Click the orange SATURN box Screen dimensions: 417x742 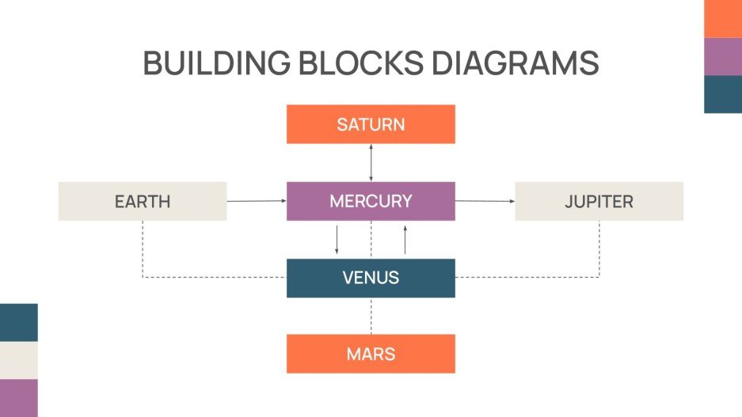(x=371, y=124)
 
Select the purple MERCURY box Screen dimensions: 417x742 (x=371, y=201)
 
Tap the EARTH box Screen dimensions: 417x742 (x=143, y=201)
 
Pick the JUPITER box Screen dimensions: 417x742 (x=599, y=201)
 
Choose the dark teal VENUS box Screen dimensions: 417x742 (x=371, y=278)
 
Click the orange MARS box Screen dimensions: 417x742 (x=371, y=354)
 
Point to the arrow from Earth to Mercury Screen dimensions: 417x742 (x=257, y=201)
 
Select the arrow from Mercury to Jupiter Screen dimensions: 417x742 (x=485, y=201)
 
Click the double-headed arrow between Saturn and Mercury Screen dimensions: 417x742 (x=371, y=163)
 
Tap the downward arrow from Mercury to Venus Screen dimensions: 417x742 (x=337, y=240)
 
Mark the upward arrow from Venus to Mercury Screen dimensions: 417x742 (x=405, y=240)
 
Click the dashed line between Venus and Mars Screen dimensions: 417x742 (x=371, y=316)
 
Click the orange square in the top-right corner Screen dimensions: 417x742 (x=723, y=18)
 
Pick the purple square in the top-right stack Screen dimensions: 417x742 (x=723, y=56)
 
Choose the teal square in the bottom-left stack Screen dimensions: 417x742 (x=18, y=322)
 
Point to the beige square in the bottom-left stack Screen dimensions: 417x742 (x=18, y=360)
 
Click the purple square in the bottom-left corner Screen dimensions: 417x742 (x=18, y=398)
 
